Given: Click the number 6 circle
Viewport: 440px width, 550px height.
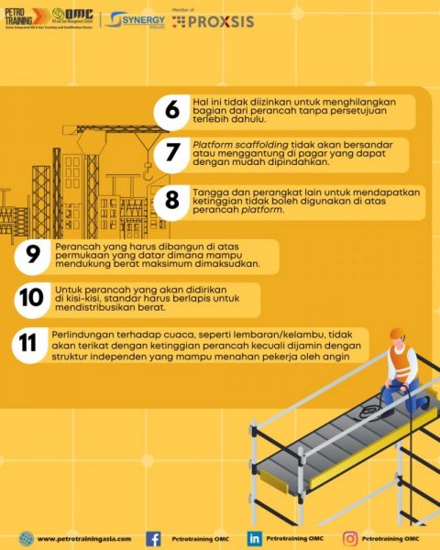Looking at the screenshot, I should pyautogui.click(x=171, y=110).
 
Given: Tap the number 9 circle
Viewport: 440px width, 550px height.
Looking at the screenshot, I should pyautogui.click(x=33, y=256).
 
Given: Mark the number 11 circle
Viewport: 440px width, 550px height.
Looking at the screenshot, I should pyautogui.click(x=29, y=344).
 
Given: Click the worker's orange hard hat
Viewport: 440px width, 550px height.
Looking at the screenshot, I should pyautogui.click(x=398, y=335).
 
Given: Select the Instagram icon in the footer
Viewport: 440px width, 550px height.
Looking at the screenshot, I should pyautogui.click(x=350, y=539).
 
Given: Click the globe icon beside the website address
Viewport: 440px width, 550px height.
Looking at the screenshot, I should pyautogui.click(x=26, y=539).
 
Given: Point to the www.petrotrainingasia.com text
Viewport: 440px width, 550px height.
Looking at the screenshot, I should pyautogui.click(x=84, y=539).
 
